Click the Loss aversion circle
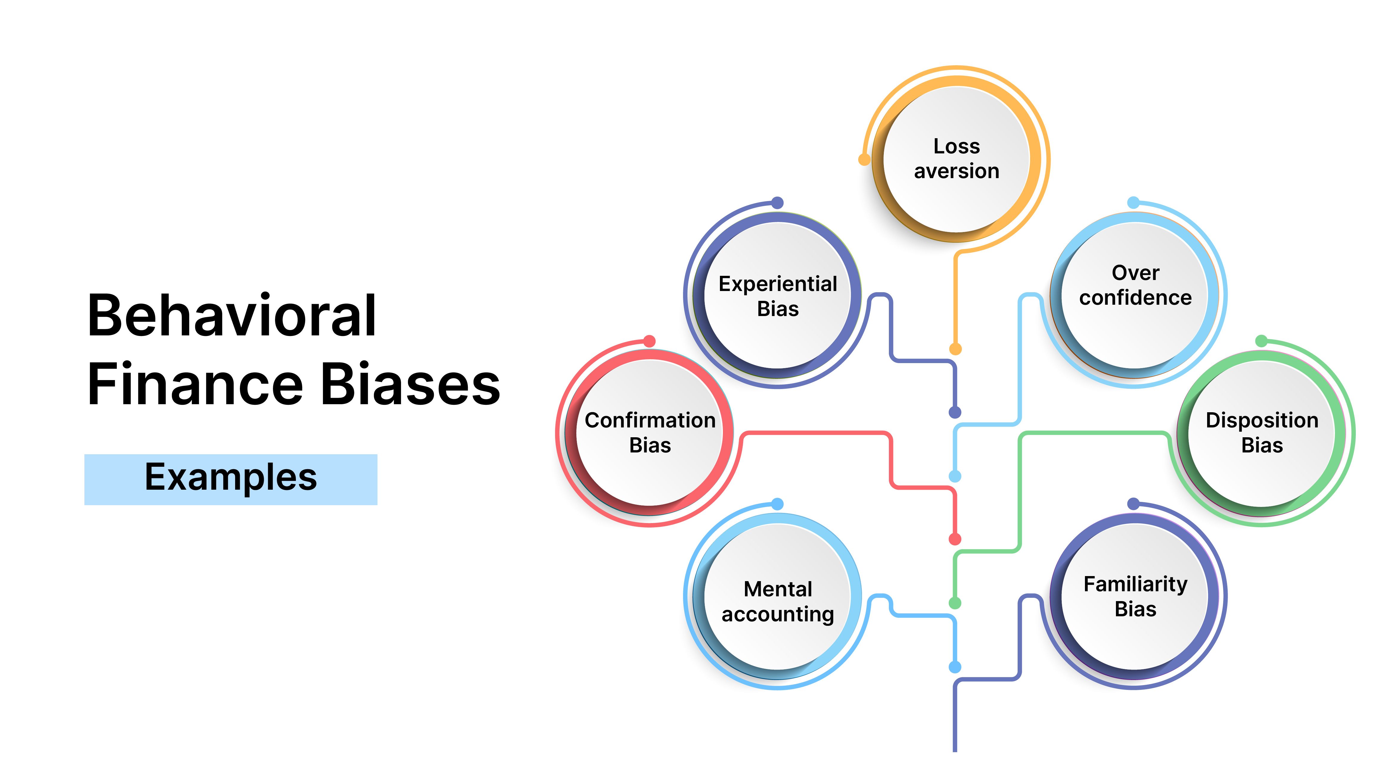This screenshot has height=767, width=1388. tap(957, 159)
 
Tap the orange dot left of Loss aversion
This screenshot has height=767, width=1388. tap(864, 159)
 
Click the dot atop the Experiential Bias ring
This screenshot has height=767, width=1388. tap(777, 203)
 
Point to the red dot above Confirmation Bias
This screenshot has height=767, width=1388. tap(649, 341)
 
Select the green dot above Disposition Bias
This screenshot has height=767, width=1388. tap(1261, 341)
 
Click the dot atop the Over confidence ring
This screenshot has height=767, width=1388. tap(1134, 203)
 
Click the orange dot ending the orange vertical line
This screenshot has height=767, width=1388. tap(955, 349)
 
